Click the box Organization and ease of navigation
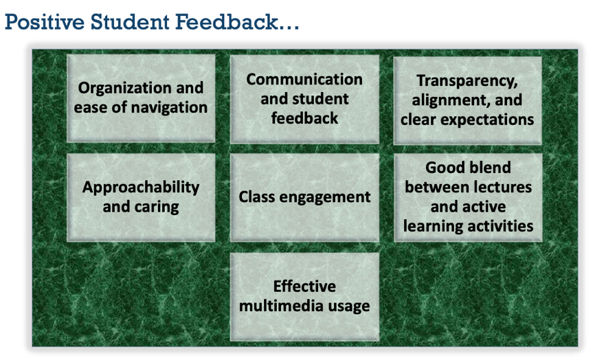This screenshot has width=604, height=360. tap(141, 98)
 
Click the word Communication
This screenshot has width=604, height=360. tap(304, 79)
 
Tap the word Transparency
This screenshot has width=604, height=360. tap(467, 81)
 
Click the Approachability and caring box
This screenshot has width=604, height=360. tap(141, 196)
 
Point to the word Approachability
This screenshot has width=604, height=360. tap(141, 187)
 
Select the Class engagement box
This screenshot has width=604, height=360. tap(304, 197)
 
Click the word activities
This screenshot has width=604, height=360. tap(499, 225)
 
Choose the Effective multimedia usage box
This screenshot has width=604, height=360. tap(304, 296)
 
